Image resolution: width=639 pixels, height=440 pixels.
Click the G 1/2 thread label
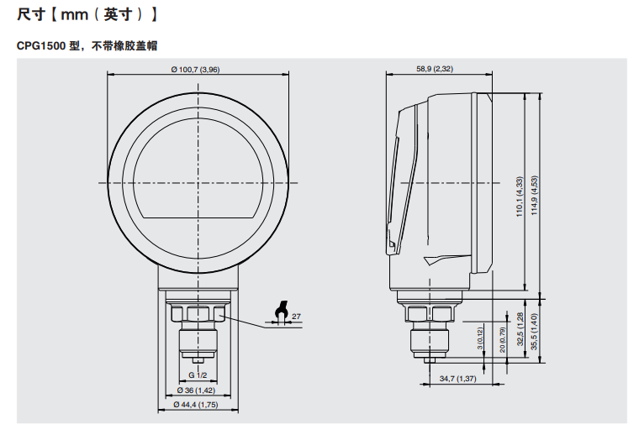coord(198,374)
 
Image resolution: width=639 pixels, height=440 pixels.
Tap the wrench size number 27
coord(296,315)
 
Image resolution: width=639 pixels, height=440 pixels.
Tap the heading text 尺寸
coord(29,15)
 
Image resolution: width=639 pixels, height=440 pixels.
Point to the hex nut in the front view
coord(198,315)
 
